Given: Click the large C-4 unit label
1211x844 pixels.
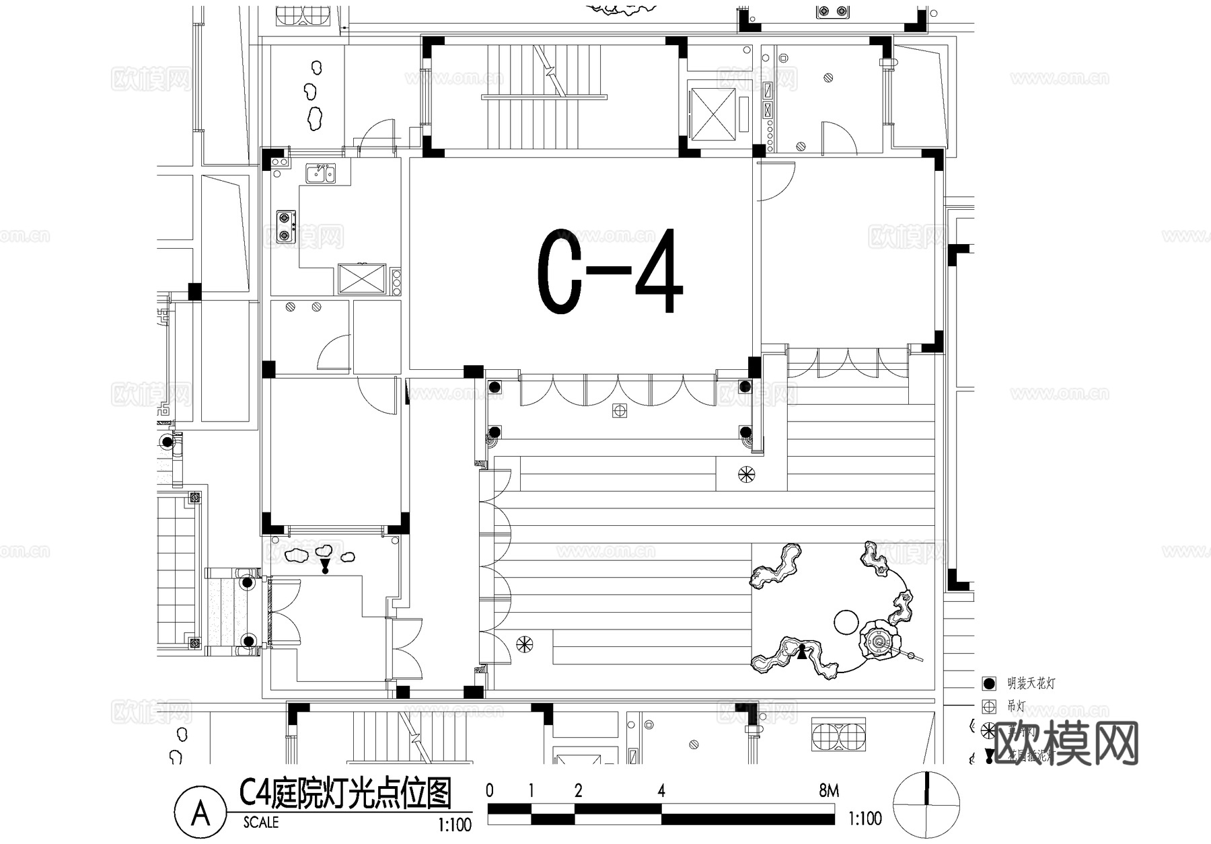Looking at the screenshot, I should point(610,272).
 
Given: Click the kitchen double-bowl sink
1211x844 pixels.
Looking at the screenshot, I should point(321,174).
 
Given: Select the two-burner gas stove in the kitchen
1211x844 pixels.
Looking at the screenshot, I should point(286,227).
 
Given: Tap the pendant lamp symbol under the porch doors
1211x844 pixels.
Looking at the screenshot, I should point(619,410).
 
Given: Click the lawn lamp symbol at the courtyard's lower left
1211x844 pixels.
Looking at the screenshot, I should point(524,644).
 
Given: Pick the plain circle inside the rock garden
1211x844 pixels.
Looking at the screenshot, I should point(845,621).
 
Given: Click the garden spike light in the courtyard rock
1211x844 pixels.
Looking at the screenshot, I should point(802,651).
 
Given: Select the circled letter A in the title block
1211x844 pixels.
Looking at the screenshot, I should point(200,814).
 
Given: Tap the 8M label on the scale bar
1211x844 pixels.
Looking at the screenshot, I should point(829,791).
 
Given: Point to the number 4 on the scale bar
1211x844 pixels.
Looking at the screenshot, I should point(661,791).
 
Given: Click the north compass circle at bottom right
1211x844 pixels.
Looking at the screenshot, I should point(926,805).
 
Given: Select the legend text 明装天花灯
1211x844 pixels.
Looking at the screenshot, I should point(1031,684).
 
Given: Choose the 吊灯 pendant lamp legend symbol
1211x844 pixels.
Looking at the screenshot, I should point(988,707).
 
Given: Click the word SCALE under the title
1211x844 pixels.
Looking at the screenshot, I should point(261,822).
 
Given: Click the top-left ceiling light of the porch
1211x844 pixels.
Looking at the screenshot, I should point(494,387).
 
